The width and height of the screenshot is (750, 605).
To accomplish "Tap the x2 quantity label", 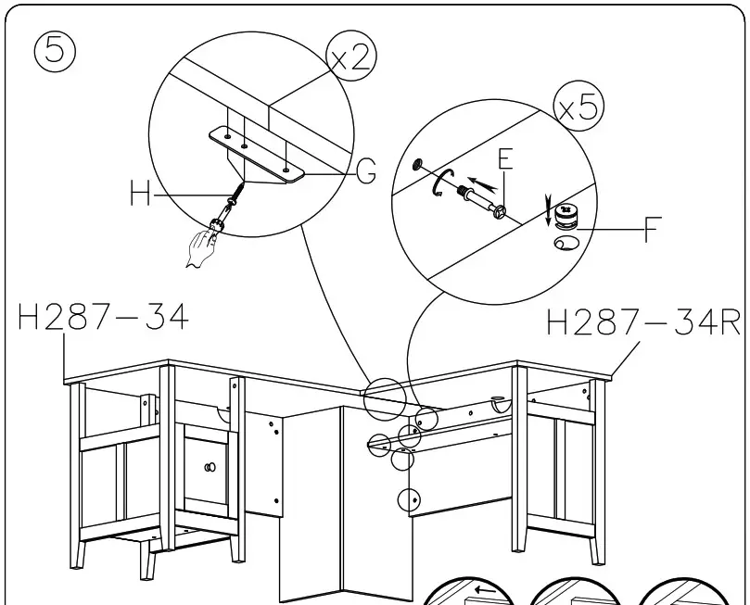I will [x=351, y=57].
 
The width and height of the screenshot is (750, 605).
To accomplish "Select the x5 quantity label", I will [x=578, y=108].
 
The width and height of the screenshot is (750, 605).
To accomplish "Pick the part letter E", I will [x=504, y=158].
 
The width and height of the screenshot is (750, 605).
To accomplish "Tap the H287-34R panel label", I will [x=643, y=323].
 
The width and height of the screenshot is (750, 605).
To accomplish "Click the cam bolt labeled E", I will [x=479, y=199].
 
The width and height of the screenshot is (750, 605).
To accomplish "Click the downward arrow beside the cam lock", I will [x=548, y=211].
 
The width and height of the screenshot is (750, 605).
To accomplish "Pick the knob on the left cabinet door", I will [x=210, y=466].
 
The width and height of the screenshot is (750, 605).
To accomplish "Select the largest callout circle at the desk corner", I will [x=384, y=399].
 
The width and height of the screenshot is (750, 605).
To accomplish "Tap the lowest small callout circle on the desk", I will [x=409, y=500].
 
